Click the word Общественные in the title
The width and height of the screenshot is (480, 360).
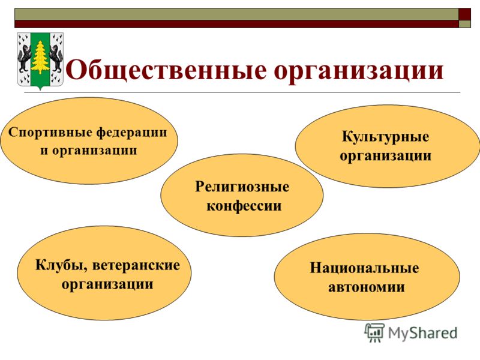click(166, 71)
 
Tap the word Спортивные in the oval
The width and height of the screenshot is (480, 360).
click(50, 133)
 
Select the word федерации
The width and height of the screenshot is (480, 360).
click(132, 133)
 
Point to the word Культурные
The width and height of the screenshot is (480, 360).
click(385, 137)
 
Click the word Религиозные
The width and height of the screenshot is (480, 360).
click(242, 187)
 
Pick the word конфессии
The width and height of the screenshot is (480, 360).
click(244, 205)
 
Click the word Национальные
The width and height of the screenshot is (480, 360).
click(364, 268)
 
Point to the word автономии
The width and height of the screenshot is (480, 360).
click(367, 287)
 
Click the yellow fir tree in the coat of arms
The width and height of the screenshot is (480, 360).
click(40, 58)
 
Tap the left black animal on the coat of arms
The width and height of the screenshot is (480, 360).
click(24, 57)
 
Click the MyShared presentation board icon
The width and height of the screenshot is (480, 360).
click(374, 332)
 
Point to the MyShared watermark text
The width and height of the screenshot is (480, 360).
click(423, 332)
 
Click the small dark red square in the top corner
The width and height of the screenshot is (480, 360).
click(464, 14)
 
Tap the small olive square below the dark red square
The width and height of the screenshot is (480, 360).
click(464, 24)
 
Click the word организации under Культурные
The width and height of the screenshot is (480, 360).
click(385, 156)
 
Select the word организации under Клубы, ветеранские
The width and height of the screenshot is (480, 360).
click(107, 284)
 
